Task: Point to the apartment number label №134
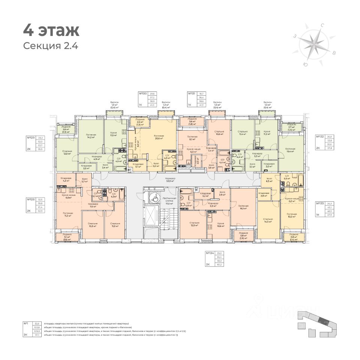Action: pyautogui.click(x=209, y=253)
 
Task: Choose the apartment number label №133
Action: pyautogui.click(x=319, y=204)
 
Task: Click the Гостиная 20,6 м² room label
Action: pyautogui.click(x=159, y=137)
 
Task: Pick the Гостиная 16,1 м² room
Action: pyautogui.click(x=243, y=207)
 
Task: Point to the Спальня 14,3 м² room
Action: pyautogui.click(x=268, y=220)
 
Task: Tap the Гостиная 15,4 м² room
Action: pyautogui.click(x=290, y=150)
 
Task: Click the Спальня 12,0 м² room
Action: pyautogui.click(x=67, y=153)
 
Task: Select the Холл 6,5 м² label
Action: pyautogui.click(x=269, y=180)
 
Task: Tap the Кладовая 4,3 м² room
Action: pyautogui.click(x=66, y=180)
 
